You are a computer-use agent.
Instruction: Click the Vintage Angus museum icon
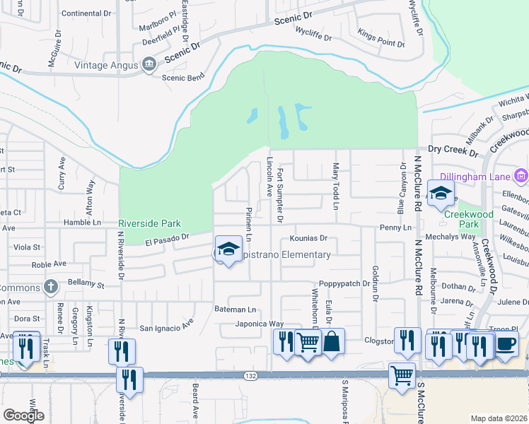tap(149, 65)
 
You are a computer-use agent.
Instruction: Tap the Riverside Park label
tap(150, 223)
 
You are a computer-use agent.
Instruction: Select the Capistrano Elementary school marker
tap(228, 250)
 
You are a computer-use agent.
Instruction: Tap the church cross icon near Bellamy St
tap(50, 286)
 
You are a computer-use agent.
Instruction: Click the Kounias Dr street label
tap(308, 239)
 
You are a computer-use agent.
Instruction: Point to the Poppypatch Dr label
tap(344, 283)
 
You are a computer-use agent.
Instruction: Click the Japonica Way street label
tap(260, 324)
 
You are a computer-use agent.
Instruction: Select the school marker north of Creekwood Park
tap(441, 194)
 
